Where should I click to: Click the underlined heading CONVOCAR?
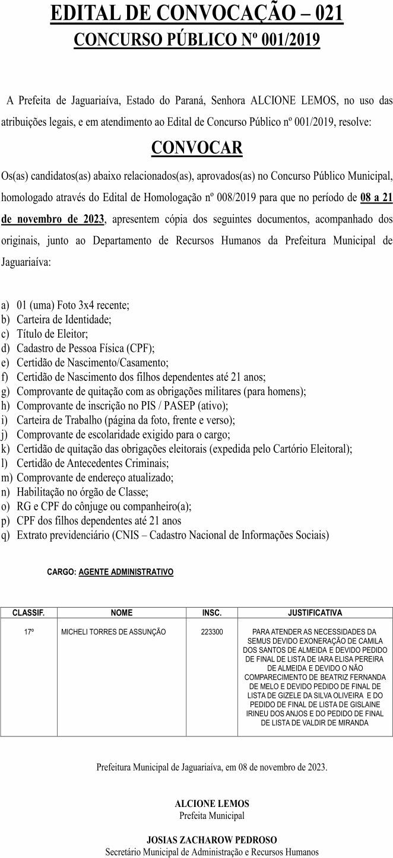click(x=196, y=147)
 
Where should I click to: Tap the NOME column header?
click(x=122, y=613)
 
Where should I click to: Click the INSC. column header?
click(x=212, y=613)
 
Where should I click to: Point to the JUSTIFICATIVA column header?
click(x=315, y=613)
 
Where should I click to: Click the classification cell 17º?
click(x=28, y=633)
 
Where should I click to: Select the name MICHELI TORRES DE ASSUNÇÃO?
click(x=113, y=633)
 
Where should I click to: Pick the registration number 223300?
click(x=212, y=633)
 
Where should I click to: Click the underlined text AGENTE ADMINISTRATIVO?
click(x=126, y=573)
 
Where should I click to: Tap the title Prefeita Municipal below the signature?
click(x=212, y=816)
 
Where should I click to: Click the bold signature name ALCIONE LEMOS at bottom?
click(x=212, y=804)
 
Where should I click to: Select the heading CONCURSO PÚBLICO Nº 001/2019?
click(x=196, y=40)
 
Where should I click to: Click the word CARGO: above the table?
click(x=61, y=573)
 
